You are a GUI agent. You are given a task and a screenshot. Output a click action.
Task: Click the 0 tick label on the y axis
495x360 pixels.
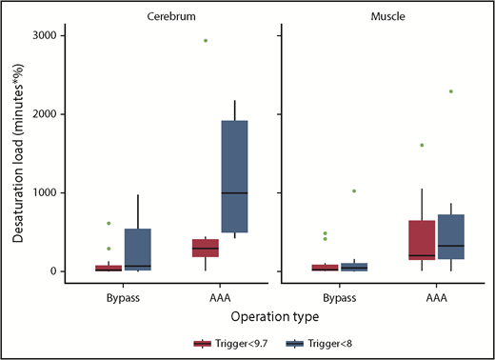pos(52,271)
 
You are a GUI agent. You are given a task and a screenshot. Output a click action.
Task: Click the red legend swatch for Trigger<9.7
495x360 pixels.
pos(202,343)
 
